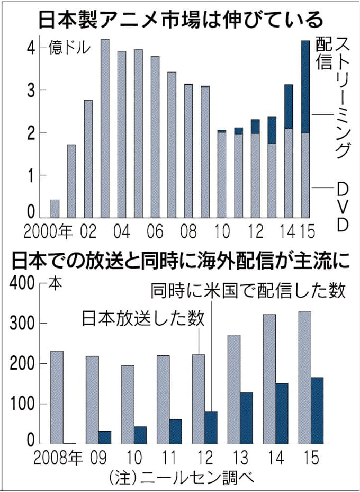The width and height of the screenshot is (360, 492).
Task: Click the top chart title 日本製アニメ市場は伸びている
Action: tap(180, 20)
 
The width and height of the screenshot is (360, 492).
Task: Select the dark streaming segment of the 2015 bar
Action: tap(305, 86)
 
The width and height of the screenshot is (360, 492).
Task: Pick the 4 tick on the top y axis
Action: tap(31, 47)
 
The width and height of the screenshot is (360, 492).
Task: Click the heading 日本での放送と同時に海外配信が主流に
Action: tap(180, 262)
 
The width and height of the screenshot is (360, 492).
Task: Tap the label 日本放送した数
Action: tap(143, 318)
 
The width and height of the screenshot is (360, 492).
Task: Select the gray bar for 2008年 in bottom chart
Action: tap(57, 397)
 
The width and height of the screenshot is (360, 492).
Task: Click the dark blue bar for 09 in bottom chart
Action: tap(105, 437)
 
